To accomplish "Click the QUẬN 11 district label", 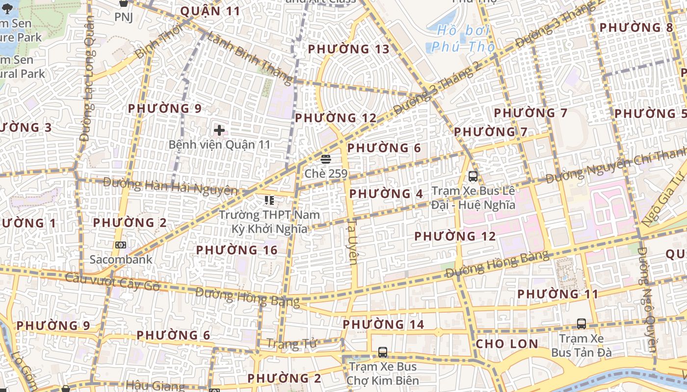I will tap(210, 11).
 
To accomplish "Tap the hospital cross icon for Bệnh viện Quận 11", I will tap(219, 130).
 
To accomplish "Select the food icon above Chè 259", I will tap(326, 159).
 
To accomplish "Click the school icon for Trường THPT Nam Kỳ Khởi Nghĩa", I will tap(269, 200).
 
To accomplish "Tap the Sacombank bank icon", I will tap(121, 245).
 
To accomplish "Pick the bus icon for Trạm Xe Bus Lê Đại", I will tap(473, 176).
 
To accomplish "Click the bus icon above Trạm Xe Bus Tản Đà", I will tap(581, 323).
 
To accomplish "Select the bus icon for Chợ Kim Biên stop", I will tap(383, 352).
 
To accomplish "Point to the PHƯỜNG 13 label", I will tap(348, 49).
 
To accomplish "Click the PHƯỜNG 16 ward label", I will tap(237, 250).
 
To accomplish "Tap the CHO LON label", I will tap(507, 343).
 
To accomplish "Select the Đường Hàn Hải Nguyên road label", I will tap(170, 186).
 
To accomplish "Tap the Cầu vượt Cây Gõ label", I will tap(112, 282).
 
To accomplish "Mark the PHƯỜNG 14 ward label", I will tap(383, 324).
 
